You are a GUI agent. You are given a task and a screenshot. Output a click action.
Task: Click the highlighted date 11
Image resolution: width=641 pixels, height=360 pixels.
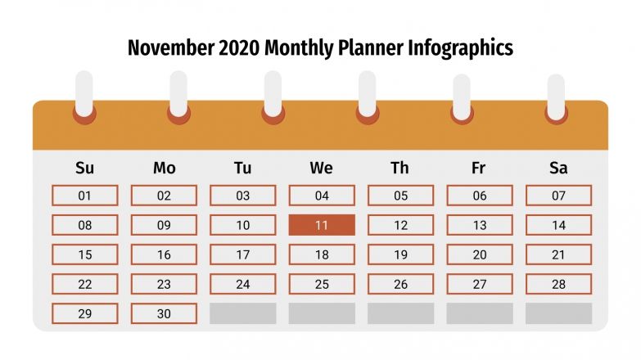322,225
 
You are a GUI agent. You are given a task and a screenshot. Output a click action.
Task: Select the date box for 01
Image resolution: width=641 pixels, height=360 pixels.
85,196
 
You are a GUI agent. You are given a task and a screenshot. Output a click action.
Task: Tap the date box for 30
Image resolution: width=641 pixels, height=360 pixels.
164,313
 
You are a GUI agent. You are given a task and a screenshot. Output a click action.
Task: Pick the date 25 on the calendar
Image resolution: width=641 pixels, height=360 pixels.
322,284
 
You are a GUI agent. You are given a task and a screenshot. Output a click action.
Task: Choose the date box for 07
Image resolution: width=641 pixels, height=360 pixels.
558,196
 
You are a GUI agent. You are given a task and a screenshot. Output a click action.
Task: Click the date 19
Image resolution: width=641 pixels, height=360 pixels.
400,254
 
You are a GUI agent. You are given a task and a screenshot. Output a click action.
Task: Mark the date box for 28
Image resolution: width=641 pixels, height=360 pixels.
558,284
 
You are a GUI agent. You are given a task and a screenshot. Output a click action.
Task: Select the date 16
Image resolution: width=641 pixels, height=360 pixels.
164,254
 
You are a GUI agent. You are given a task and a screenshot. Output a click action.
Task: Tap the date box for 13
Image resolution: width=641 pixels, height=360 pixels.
480,225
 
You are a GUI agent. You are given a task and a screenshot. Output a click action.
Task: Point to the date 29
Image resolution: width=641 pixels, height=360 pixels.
85,313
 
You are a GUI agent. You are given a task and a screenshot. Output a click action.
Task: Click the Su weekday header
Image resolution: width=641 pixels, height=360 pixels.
84,169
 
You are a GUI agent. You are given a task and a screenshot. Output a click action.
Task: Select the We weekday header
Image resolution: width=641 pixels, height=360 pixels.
321,169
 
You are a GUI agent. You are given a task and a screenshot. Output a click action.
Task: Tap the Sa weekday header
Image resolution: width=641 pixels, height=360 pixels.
558,169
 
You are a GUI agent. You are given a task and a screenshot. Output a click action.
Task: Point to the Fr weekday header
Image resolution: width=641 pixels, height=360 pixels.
479,169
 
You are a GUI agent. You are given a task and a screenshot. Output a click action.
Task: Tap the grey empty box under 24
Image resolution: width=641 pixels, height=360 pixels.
243,313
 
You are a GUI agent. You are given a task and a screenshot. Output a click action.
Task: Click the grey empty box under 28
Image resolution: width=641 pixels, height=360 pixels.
558,313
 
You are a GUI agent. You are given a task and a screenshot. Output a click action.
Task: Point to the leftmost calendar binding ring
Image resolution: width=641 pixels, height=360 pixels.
84,97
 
